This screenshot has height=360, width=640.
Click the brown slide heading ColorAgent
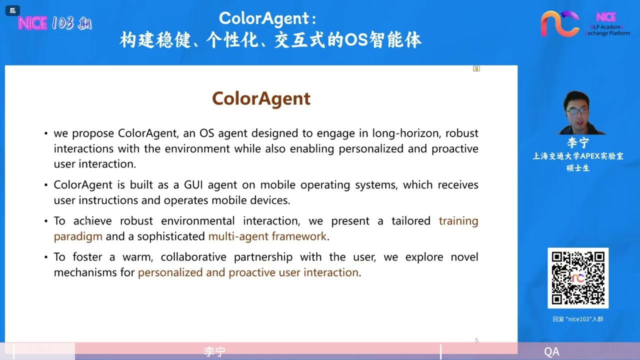click(261, 98)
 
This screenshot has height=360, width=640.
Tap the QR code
click(578, 277)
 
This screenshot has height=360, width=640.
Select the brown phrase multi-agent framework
click(267, 236)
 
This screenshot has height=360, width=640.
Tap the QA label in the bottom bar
click(551, 351)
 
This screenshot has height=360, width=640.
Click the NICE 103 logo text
click(54, 23)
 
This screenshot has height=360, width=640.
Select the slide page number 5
click(476, 340)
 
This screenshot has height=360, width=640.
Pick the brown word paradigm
click(78, 236)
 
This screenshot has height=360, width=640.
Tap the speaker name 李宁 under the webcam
click(578, 143)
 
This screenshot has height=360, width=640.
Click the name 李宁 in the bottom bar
click(214, 351)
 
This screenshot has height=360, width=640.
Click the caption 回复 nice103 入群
click(578, 319)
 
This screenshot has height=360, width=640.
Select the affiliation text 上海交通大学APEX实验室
click(578, 156)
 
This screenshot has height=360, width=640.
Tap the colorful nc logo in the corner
click(559, 24)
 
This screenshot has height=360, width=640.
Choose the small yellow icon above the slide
click(476, 69)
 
